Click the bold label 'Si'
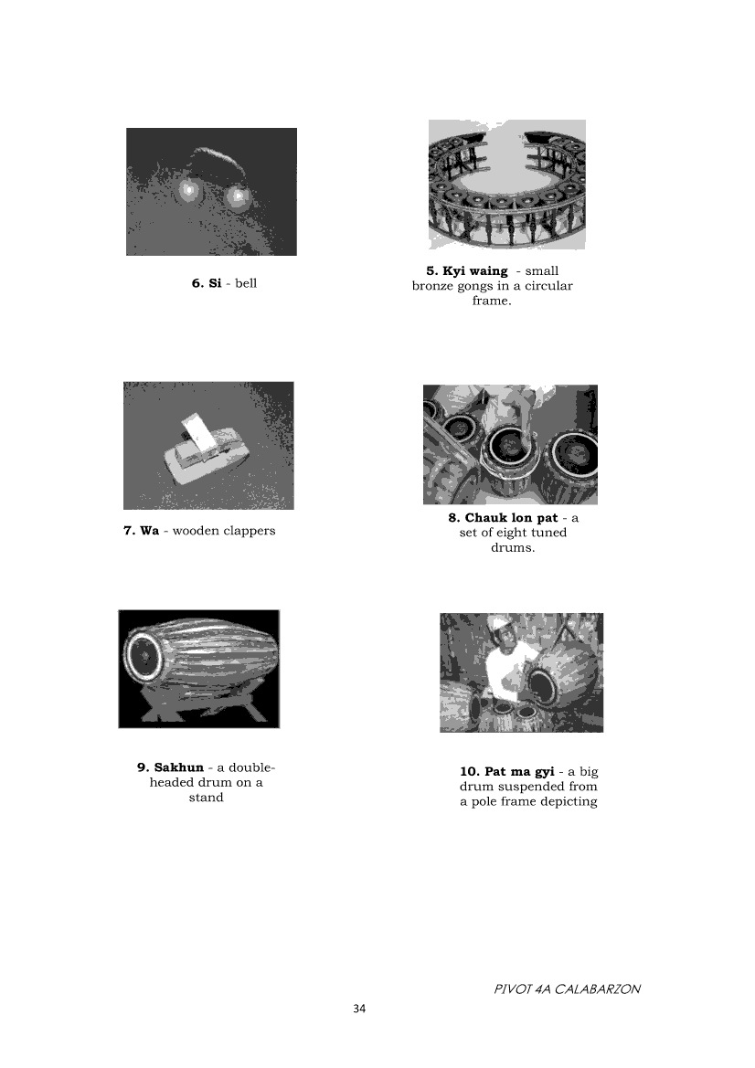(215, 283)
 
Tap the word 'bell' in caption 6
(246, 283)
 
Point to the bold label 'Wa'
(150, 531)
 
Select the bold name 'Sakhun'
(179, 767)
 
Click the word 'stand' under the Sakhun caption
(206, 798)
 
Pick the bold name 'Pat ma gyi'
(519, 772)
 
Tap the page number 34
(359, 1009)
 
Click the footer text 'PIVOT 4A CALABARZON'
(567, 989)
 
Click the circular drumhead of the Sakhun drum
(144, 657)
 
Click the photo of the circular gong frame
(507, 185)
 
